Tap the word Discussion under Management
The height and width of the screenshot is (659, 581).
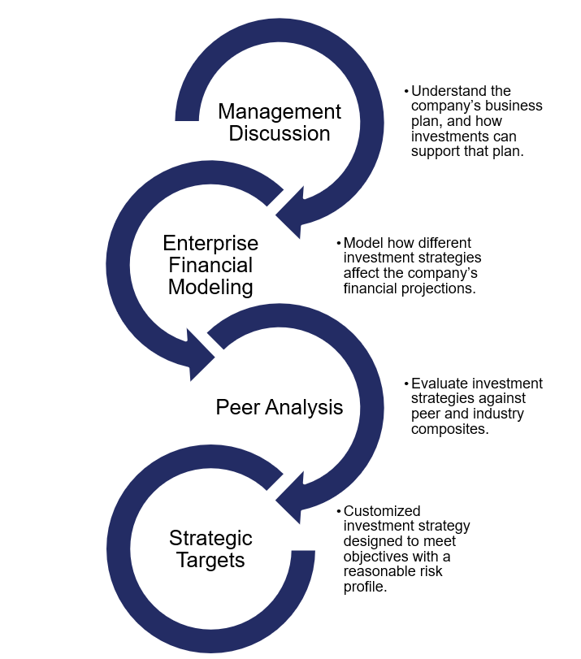(280, 133)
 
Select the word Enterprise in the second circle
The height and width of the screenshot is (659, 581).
(210, 243)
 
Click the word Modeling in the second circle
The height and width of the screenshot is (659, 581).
(210, 286)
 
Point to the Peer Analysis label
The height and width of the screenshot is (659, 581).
(280, 407)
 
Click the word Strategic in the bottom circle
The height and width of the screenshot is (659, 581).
(210, 538)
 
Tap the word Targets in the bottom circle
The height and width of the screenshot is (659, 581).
(210, 560)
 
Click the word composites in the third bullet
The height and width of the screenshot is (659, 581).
(449, 428)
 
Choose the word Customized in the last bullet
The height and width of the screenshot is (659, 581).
(382, 512)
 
